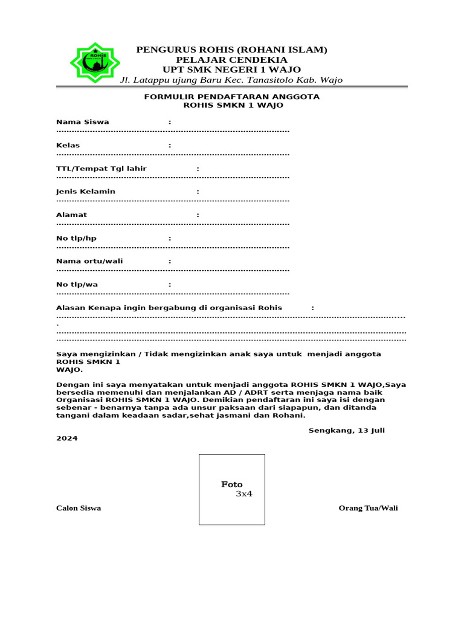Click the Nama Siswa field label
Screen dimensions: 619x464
click(x=83, y=122)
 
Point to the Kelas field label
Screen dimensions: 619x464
click(x=68, y=146)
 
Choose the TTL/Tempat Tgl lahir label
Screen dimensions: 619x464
click(x=101, y=169)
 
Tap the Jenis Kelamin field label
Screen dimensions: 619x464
click(x=86, y=192)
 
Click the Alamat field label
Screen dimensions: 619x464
click(x=71, y=215)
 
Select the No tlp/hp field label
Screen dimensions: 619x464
click(x=76, y=238)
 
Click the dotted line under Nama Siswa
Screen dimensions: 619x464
click(x=173, y=131)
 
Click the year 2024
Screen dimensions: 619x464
click(x=66, y=438)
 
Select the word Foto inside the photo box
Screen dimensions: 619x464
click(x=231, y=484)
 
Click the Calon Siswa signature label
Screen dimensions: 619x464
click(x=79, y=508)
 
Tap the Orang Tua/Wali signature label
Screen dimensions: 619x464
click(x=369, y=508)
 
